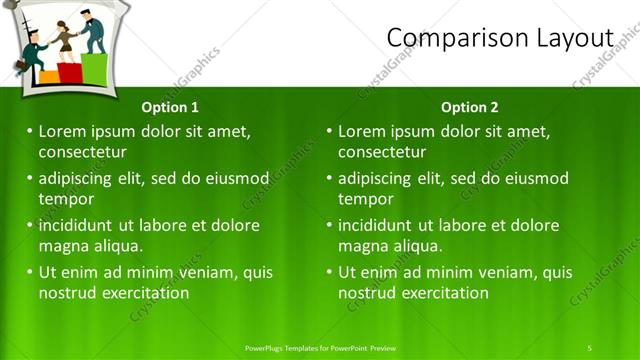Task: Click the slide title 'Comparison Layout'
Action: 499,37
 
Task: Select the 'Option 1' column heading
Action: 170,107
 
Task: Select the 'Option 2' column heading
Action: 469,107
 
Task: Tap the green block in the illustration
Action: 94,68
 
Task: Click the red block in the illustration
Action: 70,72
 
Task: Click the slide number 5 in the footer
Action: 589,347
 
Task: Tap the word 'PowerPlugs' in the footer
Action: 269,347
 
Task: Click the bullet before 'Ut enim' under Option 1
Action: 30,272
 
